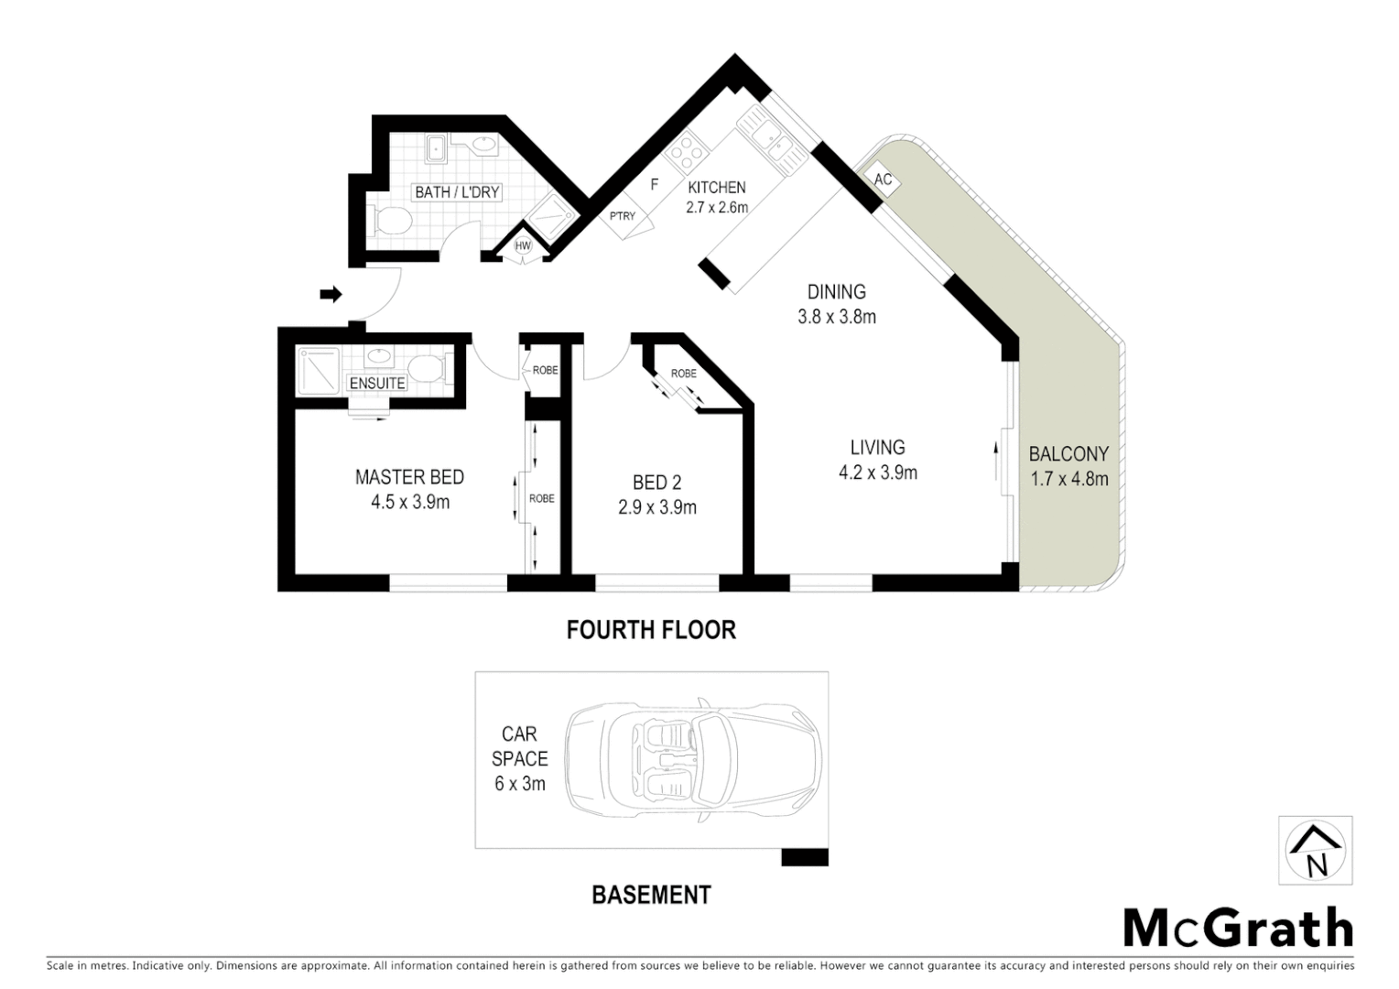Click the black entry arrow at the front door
[x=331, y=294]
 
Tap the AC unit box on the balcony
[x=883, y=180]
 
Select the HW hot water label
[x=523, y=246]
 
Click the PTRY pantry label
[x=623, y=216]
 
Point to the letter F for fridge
[x=654, y=184]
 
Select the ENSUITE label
[x=377, y=383]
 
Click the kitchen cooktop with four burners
[x=685, y=153]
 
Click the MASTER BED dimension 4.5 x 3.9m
[x=410, y=502]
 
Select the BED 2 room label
[x=656, y=483]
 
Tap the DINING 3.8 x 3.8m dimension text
[x=836, y=317]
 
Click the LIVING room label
[x=877, y=448]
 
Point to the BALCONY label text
[x=1068, y=453]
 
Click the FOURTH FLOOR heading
[x=651, y=630]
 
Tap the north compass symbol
[x=1315, y=851]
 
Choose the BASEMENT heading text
[x=651, y=895]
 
